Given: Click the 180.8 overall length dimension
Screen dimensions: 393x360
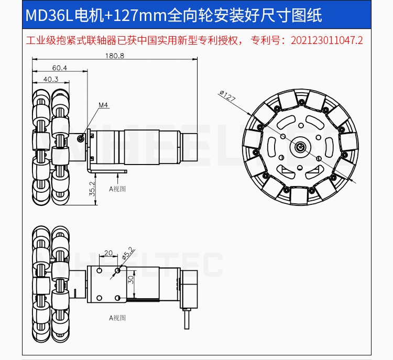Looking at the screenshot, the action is coord(115,56).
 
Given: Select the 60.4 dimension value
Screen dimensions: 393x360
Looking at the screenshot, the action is coord(60,68).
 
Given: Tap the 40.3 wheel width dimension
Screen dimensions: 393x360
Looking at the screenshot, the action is coord(51,79).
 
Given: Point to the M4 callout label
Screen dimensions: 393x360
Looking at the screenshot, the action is coord(103,105).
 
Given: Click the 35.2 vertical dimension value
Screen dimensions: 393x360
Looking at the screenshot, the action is coord(92,189).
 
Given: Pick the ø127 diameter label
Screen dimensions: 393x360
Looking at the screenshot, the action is coord(227,95).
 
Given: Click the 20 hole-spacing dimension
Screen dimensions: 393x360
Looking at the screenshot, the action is coord(108,253).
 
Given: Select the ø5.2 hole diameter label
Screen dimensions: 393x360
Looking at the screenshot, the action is coord(128,253).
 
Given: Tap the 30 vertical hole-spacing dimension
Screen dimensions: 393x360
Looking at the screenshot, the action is coord(130,280).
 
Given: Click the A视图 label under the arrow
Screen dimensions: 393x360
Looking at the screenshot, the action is coord(117,189).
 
